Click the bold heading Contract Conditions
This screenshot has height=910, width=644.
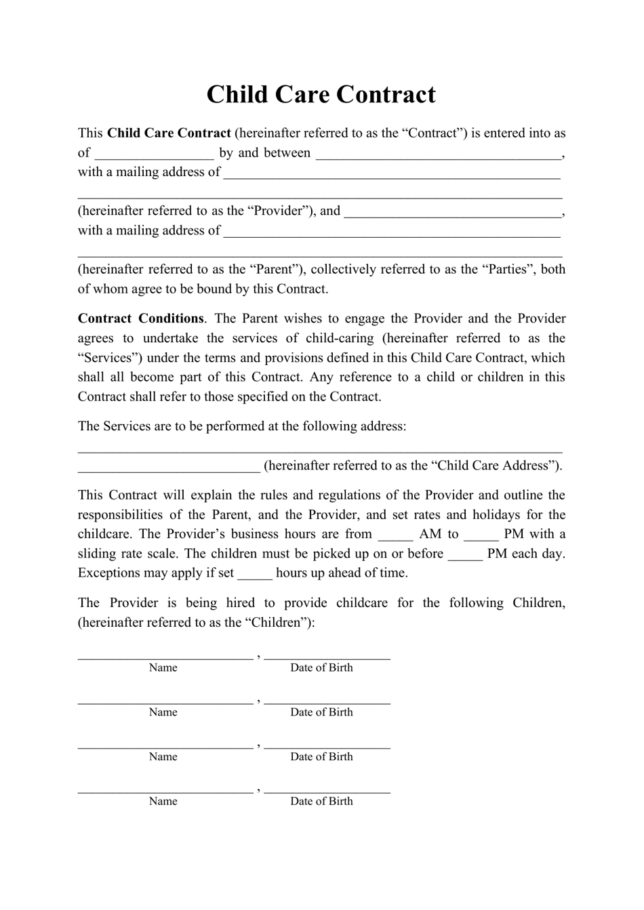[140, 318]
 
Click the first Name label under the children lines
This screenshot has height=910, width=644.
[163, 667]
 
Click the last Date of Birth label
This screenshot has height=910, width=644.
[321, 801]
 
